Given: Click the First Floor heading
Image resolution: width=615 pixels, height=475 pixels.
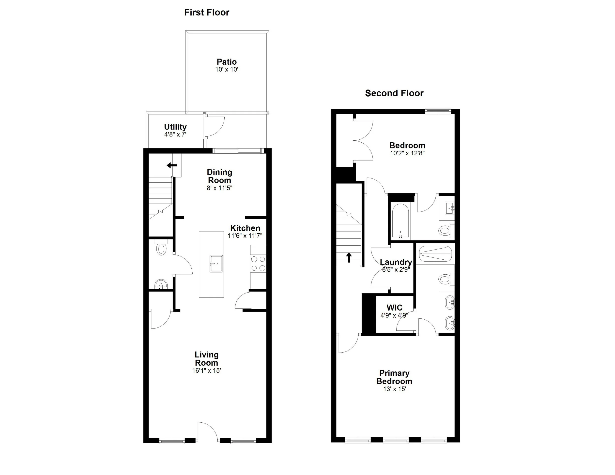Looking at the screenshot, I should click(x=207, y=12).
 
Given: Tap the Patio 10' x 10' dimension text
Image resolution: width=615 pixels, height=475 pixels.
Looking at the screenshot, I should click(x=227, y=70).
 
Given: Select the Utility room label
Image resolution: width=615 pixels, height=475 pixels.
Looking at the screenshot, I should click(x=175, y=127).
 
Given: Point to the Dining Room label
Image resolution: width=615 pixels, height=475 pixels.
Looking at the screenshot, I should click(x=219, y=176).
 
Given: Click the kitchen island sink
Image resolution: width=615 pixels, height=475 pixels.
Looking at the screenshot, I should click(x=216, y=263).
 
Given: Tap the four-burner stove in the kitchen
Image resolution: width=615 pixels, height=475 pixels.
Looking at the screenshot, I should click(x=258, y=263).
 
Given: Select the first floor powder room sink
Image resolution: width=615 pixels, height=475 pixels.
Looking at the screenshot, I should click(x=161, y=284).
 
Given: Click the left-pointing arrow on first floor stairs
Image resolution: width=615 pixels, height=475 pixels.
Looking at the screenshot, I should click(x=171, y=165).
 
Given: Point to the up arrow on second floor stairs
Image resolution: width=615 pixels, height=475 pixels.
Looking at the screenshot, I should click(x=349, y=257).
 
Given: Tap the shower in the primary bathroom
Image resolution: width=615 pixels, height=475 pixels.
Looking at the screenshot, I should click(x=435, y=253).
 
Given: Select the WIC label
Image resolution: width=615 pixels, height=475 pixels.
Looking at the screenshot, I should click(x=394, y=308).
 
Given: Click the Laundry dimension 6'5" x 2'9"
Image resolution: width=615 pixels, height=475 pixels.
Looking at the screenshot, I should click(x=396, y=269).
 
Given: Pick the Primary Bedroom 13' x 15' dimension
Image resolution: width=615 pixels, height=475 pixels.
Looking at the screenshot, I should click(x=394, y=389).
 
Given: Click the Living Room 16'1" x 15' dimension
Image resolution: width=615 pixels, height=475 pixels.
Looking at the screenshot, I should click(x=206, y=371).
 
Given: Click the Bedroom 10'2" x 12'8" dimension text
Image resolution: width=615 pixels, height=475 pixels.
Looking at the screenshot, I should click(x=407, y=153).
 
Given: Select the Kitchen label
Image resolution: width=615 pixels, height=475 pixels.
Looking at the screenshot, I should click(x=245, y=228).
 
